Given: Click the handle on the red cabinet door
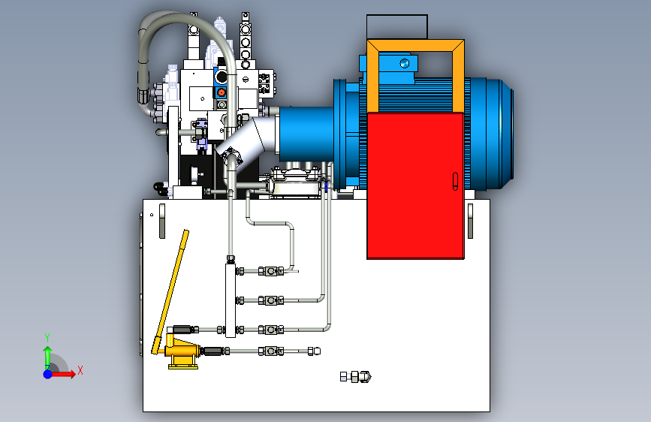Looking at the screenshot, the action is [455, 182].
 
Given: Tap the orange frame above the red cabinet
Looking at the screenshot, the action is [415, 45].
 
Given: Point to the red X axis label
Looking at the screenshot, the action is [80, 370].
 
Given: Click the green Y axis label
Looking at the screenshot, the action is [47, 337].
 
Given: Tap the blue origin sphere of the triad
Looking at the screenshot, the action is [48, 374].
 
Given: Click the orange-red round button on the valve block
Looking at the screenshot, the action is [222, 92].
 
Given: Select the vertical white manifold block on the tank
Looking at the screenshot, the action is [231, 300].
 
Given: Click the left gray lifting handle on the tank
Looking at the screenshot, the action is [162, 221].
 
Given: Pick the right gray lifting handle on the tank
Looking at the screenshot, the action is [470, 221].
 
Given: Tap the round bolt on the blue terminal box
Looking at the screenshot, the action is [405, 64].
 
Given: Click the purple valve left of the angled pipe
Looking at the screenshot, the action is [201, 134].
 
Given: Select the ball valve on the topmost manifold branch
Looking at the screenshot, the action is [271, 272].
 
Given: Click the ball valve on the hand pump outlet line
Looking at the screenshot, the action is [271, 351].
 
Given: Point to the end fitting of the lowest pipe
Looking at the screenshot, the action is [315, 351].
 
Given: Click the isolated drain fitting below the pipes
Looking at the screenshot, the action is [355, 377].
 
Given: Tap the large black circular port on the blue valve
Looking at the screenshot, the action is [222, 77].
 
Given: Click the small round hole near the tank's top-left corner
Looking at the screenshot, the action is [152, 215].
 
